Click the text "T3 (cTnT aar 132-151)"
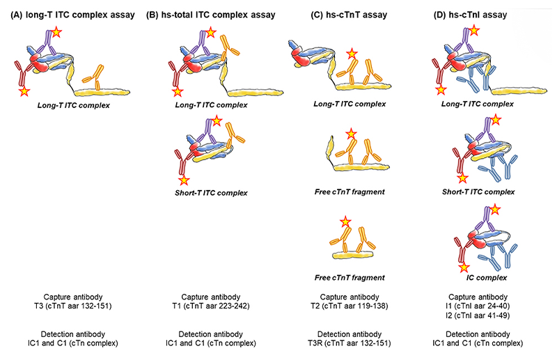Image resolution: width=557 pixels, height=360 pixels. click(x=70, y=304)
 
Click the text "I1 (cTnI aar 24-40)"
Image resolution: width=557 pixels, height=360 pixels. click(x=478, y=304)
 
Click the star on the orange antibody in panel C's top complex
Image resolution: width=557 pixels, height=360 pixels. click(x=353, y=53)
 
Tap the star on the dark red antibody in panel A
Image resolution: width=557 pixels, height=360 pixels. click(x=24, y=91)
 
